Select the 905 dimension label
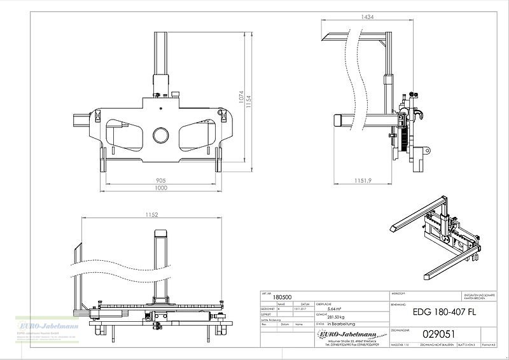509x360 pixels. [162, 180]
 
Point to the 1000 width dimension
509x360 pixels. [162, 189]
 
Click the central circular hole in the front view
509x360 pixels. [161, 135]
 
